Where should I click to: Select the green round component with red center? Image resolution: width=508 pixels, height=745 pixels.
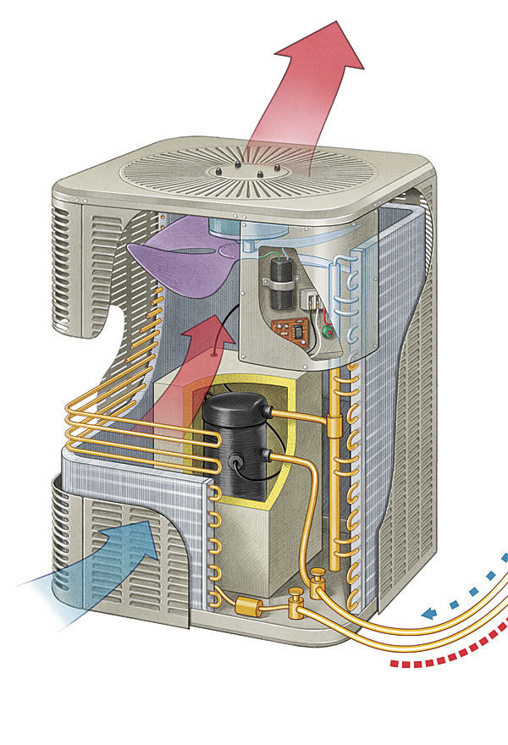pos(327,333)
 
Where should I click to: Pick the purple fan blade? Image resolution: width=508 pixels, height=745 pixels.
pos(182,257)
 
